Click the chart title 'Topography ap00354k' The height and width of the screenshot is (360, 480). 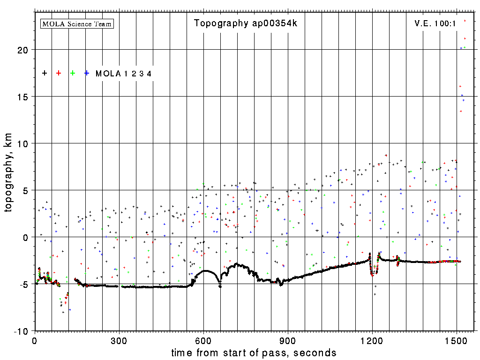pos(245,23)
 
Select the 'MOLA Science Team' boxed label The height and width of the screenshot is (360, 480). pos(77,23)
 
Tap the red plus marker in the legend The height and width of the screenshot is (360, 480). pos(59,73)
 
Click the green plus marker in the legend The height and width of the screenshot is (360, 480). pos(73,73)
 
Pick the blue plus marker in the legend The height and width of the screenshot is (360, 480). pos(87,73)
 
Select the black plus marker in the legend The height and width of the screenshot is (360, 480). pos(45,73)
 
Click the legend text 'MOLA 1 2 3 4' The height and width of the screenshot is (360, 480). pos(123,74)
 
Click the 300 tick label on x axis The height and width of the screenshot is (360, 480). pos(119,340)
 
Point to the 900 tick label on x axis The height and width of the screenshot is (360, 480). pos(288,340)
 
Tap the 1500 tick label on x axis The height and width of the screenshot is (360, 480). pos(457,340)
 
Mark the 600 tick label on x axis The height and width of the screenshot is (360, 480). pos(203,340)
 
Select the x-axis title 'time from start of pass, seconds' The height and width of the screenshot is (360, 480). pos(254,352)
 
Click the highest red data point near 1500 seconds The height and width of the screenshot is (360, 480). pos(465,21)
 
